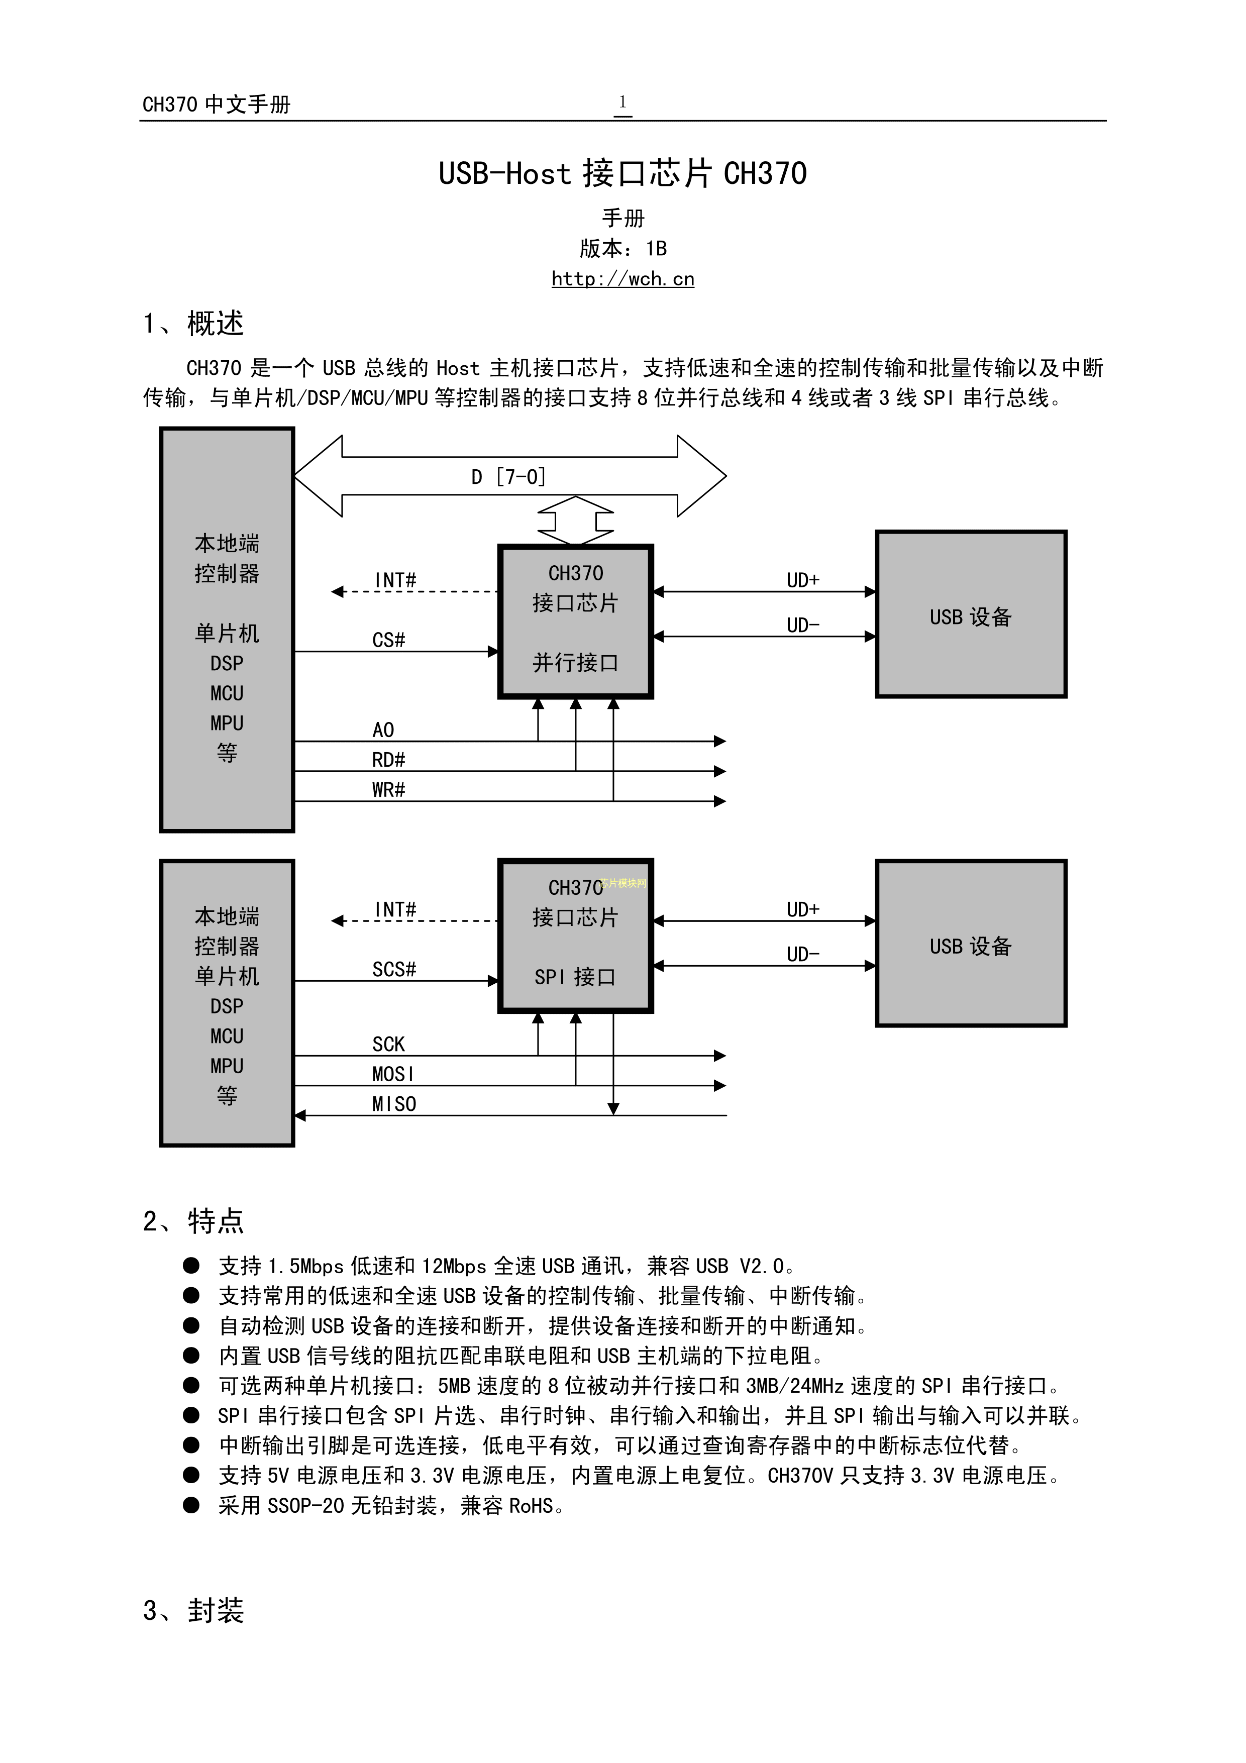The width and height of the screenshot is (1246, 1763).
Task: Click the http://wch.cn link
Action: click(622, 279)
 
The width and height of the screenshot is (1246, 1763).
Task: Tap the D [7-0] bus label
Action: click(508, 477)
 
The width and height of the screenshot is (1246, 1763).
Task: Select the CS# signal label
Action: click(388, 640)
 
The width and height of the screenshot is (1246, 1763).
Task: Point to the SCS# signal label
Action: click(394, 969)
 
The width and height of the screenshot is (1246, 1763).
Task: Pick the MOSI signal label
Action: click(392, 1074)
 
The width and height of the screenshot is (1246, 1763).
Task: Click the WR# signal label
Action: click(388, 789)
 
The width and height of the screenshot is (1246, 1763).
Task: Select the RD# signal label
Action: click(388, 759)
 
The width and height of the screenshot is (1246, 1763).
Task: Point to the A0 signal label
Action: click(383, 730)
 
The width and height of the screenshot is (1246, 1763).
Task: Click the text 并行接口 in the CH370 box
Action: click(575, 663)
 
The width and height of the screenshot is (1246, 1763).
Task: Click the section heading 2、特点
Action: click(193, 1221)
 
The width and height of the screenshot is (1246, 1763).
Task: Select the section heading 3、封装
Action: click(193, 1610)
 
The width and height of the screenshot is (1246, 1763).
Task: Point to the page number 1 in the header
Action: click(622, 102)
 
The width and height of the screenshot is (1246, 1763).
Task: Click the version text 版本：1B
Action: click(622, 248)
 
